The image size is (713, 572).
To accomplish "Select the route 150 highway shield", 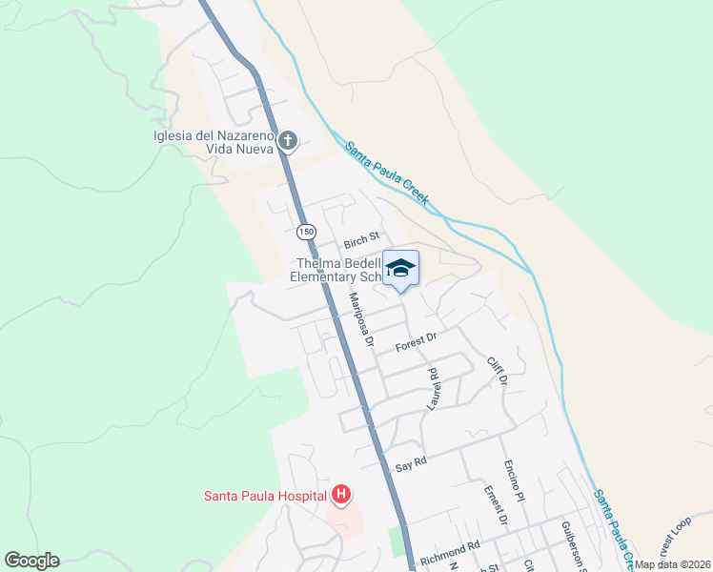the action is (305, 232).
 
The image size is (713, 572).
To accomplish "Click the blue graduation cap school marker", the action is (400, 268).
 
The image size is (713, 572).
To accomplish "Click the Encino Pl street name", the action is (514, 483).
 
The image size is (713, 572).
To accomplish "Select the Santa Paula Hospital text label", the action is (264, 495).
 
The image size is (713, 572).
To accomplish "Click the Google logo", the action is (31, 561).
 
